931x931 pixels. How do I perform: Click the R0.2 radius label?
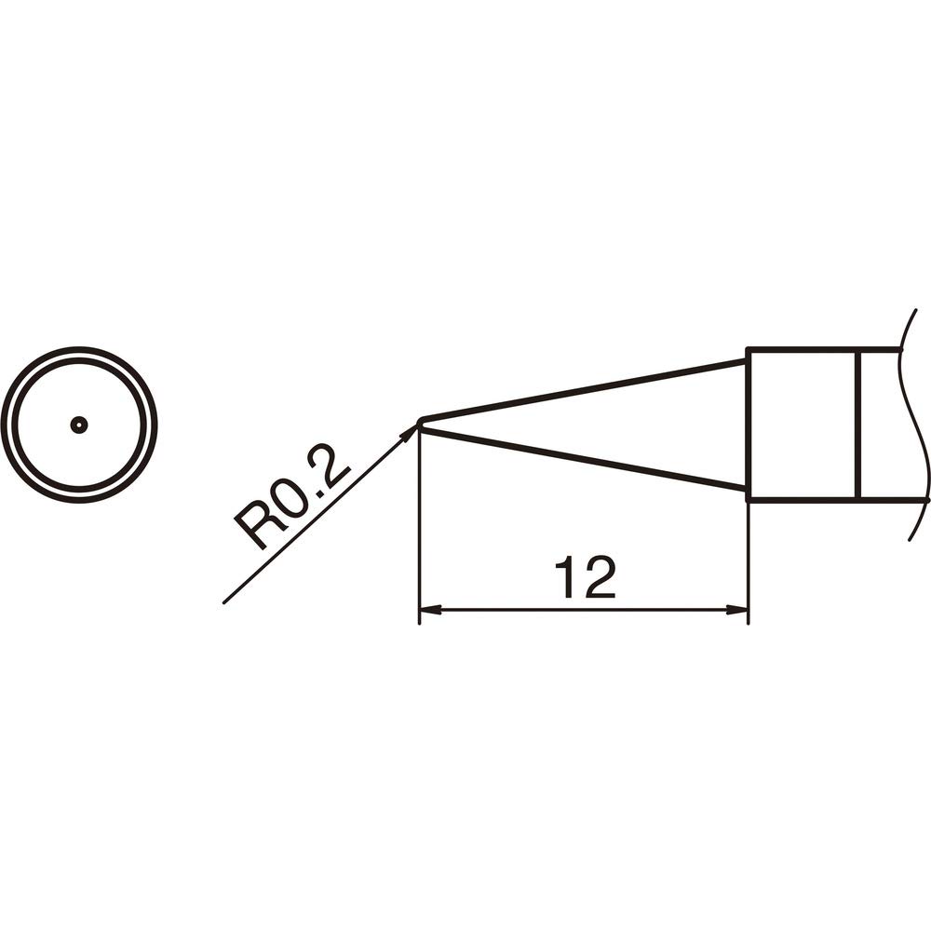[x=291, y=500]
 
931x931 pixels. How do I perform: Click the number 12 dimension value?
[x=585, y=577]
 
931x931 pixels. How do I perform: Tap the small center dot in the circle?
[x=79, y=424]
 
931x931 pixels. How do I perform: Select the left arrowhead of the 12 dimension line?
[x=430, y=609]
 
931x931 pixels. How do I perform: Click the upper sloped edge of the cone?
[x=584, y=389]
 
